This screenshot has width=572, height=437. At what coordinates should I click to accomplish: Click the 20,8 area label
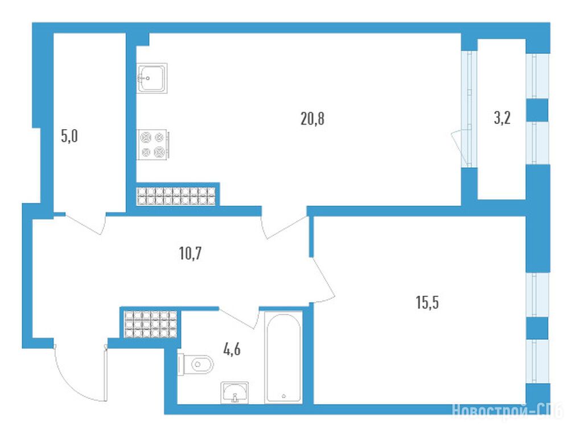312,119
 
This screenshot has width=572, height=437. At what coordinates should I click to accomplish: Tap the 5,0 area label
69,137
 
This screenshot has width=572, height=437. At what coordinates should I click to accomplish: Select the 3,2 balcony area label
502,118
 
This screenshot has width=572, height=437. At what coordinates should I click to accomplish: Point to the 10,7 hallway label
190,253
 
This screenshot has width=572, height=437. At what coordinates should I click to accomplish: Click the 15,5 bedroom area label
427,302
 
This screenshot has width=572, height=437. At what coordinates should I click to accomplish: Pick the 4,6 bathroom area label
232,350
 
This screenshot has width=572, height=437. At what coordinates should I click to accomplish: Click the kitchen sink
152,78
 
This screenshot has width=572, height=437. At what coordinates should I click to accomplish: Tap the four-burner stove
153,145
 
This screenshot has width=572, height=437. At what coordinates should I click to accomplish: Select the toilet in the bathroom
195,364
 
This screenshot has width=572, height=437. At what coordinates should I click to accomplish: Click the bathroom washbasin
234,393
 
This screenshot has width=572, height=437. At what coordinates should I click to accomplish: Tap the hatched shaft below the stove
176,196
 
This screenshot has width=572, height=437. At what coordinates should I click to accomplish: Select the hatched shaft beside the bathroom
150,324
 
